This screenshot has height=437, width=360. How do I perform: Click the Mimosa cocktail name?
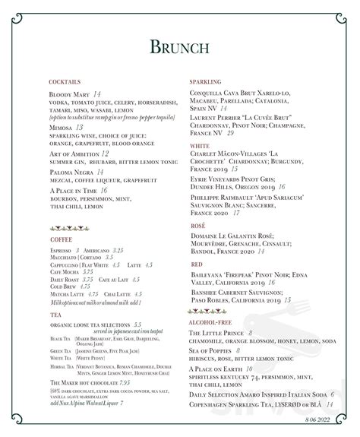[x=60, y=128]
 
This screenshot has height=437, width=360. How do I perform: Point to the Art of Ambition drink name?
[x=73, y=154]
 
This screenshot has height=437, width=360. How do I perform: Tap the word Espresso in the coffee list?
[x=59, y=249]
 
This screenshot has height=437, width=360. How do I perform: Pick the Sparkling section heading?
[x=205, y=81]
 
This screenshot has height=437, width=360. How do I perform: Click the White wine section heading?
[x=201, y=145]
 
